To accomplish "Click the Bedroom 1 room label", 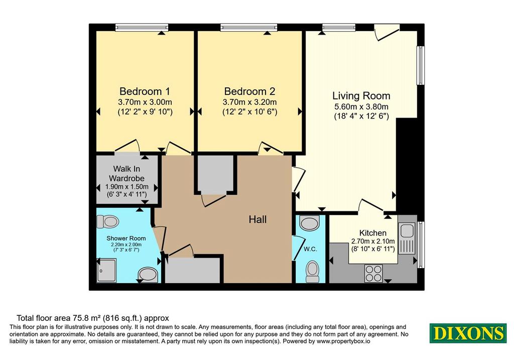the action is pyautogui.click(x=145, y=91).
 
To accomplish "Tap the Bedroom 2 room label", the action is pyautogui.click(x=249, y=91).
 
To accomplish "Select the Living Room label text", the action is pyautogui.click(x=361, y=96).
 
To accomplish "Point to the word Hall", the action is pyautogui.click(x=258, y=219).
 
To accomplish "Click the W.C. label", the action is pyautogui.click(x=310, y=249).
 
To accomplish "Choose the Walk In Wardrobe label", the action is pyautogui.click(x=127, y=173).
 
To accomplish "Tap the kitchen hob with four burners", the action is pyautogui.click(x=373, y=274).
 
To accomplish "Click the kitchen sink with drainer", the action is pyautogui.click(x=407, y=238).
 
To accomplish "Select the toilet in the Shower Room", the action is pyautogui.click(x=107, y=221).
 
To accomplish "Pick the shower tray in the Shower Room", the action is pyautogui.click(x=106, y=271).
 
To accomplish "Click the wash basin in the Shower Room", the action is pyautogui.click(x=148, y=275).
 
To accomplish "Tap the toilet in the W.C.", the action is pyautogui.click(x=312, y=272).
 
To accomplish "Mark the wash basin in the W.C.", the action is pyautogui.click(x=309, y=223).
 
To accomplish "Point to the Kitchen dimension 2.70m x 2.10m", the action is pyautogui.click(x=373, y=241).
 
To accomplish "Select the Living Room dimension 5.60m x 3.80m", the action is pyautogui.click(x=361, y=106).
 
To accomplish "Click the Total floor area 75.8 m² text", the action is pyautogui.click(x=59, y=318).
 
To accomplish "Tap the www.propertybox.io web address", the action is pyautogui.click(x=343, y=341).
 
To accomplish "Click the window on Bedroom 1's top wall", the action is pyautogui.click(x=142, y=27).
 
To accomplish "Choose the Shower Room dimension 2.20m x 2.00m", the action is pyautogui.click(x=126, y=245).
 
